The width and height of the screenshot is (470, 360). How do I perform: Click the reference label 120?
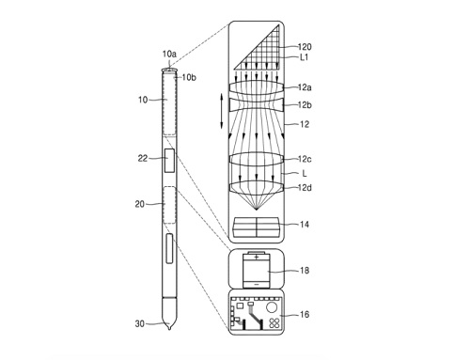point(305,47)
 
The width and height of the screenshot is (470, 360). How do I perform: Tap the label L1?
point(305,57)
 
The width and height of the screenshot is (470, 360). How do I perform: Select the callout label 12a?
point(305,87)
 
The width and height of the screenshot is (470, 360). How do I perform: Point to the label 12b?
point(305,105)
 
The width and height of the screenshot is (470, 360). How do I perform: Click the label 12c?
point(305,159)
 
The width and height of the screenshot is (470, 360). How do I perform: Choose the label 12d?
point(305,188)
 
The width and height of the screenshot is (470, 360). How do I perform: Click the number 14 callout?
point(305,225)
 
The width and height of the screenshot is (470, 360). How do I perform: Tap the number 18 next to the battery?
point(305,271)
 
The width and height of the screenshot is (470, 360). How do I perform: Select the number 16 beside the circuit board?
point(305,314)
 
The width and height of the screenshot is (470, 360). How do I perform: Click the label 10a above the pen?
point(169,55)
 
